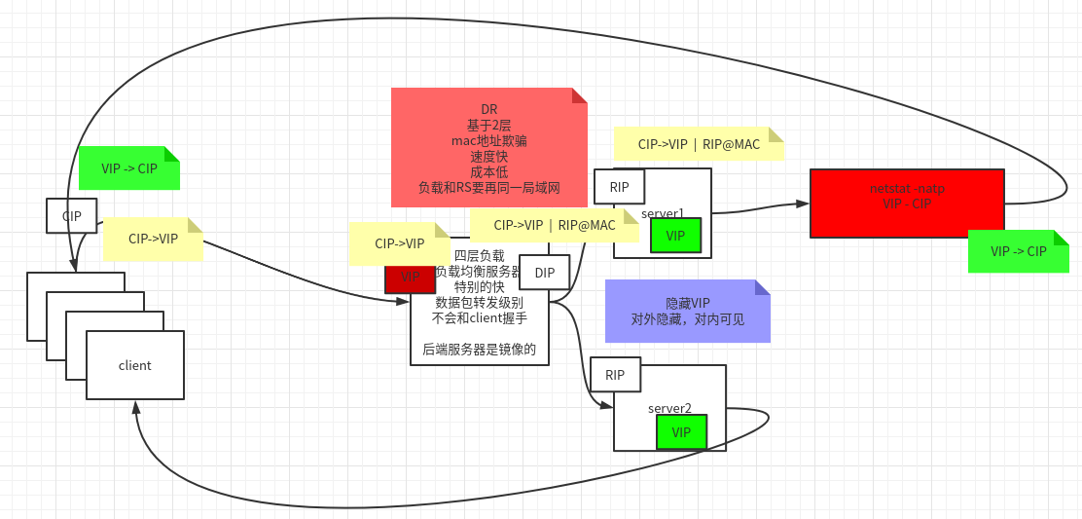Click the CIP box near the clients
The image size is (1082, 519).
pos(71,215)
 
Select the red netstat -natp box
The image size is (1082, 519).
pos(906,203)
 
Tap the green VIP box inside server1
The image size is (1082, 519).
pos(675,236)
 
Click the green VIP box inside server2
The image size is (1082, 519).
pos(681,431)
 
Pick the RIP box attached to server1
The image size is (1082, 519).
pos(619,187)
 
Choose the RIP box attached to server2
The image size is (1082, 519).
pos(615,375)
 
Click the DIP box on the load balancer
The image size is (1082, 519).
pos(544,273)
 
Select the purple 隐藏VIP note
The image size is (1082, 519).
pos(687,311)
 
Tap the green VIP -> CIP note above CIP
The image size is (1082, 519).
pos(128,167)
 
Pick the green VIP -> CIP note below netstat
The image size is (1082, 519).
pos(1018,251)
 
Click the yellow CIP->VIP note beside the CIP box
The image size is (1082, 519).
pos(153,239)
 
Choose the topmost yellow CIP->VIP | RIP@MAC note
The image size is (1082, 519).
pos(699,143)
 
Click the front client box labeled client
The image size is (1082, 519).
pos(135,365)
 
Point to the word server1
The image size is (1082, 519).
pos(663,212)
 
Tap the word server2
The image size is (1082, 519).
pos(669,408)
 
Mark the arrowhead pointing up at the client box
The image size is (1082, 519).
pos(135,407)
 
